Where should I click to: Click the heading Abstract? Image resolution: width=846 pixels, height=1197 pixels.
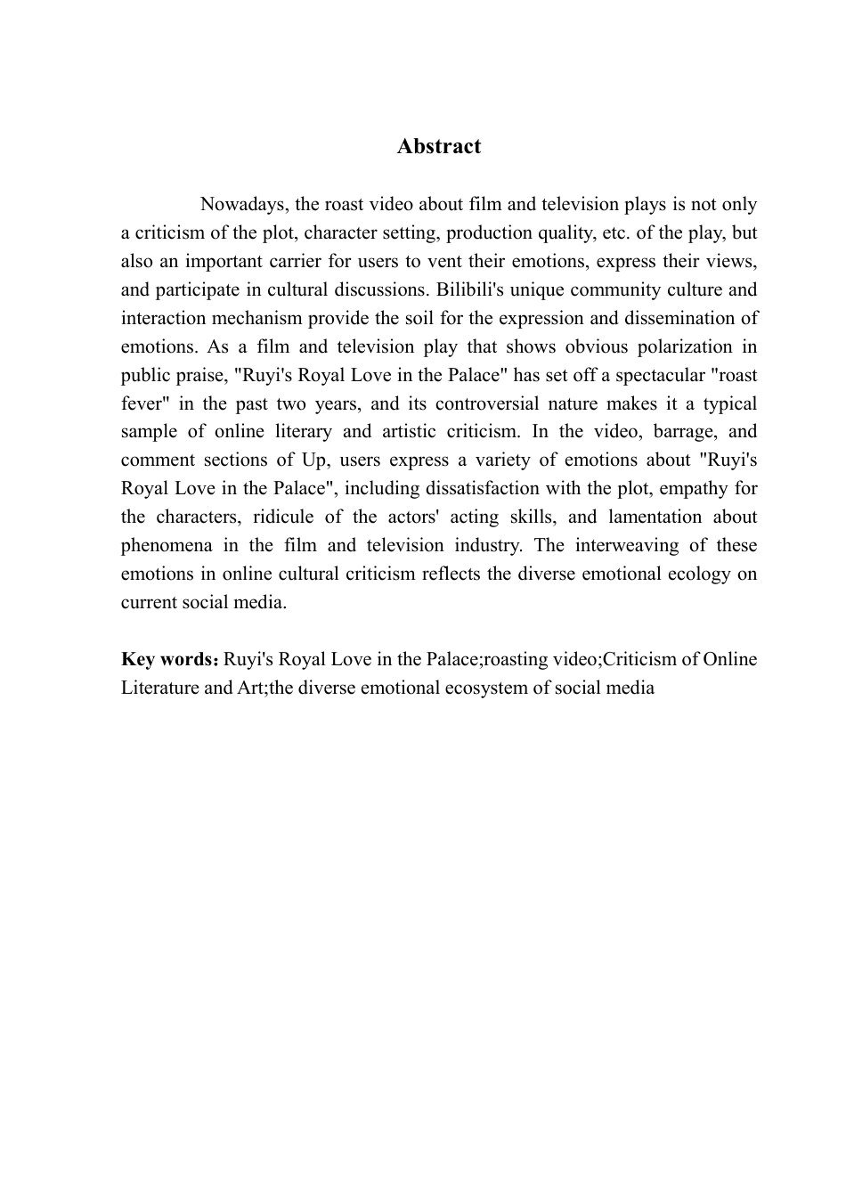point(438,146)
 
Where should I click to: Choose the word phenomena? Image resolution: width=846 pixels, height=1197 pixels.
point(163,545)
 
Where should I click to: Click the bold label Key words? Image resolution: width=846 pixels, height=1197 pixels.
point(168,659)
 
